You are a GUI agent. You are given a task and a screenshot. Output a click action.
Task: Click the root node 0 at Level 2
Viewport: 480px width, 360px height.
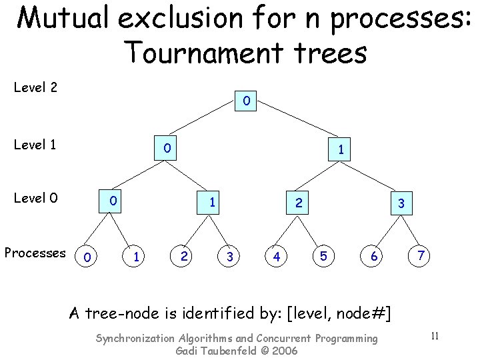[247, 102]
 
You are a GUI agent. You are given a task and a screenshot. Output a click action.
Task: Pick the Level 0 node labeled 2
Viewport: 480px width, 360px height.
[299, 202]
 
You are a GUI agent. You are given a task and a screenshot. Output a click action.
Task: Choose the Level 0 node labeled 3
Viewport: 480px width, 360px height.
[401, 205]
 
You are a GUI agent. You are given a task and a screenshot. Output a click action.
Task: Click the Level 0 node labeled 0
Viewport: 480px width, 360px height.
[114, 200]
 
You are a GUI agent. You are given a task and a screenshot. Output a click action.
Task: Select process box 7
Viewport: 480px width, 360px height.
[421, 255]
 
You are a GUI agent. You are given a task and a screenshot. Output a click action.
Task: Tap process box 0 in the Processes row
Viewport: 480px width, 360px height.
[87, 256]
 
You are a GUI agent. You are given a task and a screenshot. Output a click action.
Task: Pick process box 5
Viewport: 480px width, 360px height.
[323, 256]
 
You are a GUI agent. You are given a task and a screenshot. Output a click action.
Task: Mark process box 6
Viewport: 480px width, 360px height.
[374, 256]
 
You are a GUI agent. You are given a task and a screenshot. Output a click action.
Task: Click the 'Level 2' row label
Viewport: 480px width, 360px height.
[35, 87]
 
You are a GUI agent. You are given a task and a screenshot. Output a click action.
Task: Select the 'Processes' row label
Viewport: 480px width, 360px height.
[35, 253]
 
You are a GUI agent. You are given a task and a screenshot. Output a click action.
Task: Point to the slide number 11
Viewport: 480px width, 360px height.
[434, 335]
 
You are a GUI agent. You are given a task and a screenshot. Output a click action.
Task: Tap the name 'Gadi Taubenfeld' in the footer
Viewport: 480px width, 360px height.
[215, 351]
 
